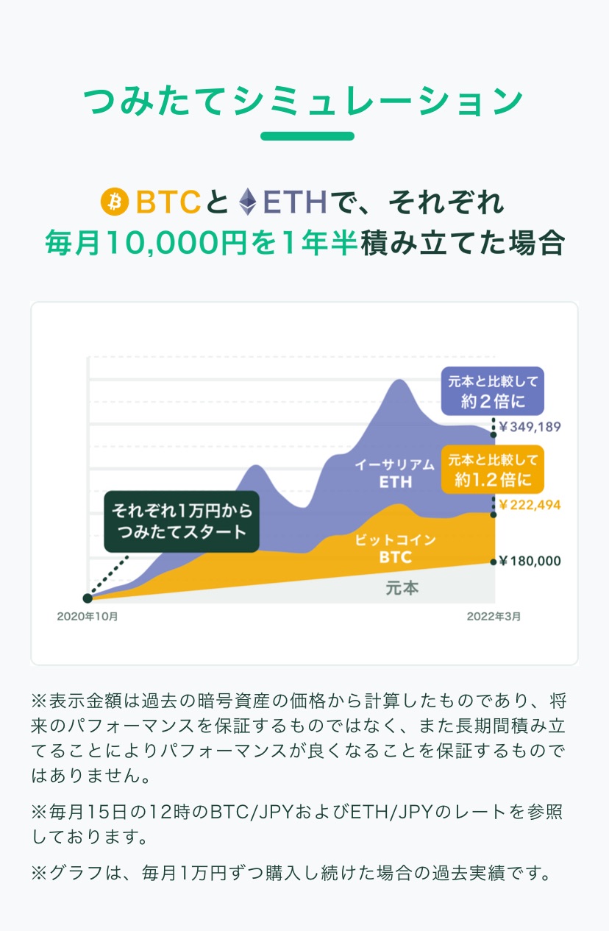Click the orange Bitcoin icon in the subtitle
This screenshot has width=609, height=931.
pos(114,202)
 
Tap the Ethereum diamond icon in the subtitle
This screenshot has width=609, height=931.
pos(247,202)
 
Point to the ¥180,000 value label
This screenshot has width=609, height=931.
pos(530,561)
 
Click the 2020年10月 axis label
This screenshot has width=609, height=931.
pos(88,617)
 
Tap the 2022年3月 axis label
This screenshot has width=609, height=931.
pos(494,617)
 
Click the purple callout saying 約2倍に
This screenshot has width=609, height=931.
pos(492,390)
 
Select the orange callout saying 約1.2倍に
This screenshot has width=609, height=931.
pos(492,469)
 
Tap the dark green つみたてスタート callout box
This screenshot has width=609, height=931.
pos(182,521)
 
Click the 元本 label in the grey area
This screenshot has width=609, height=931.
pos(402,589)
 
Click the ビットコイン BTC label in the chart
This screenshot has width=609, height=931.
pos(395,548)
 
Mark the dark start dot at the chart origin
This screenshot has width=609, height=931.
pos(88,598)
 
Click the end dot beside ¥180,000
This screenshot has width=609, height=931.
pos(494,562)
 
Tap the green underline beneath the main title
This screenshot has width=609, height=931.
pos(307,136)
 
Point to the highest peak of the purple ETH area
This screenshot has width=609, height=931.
pos(398,380)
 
